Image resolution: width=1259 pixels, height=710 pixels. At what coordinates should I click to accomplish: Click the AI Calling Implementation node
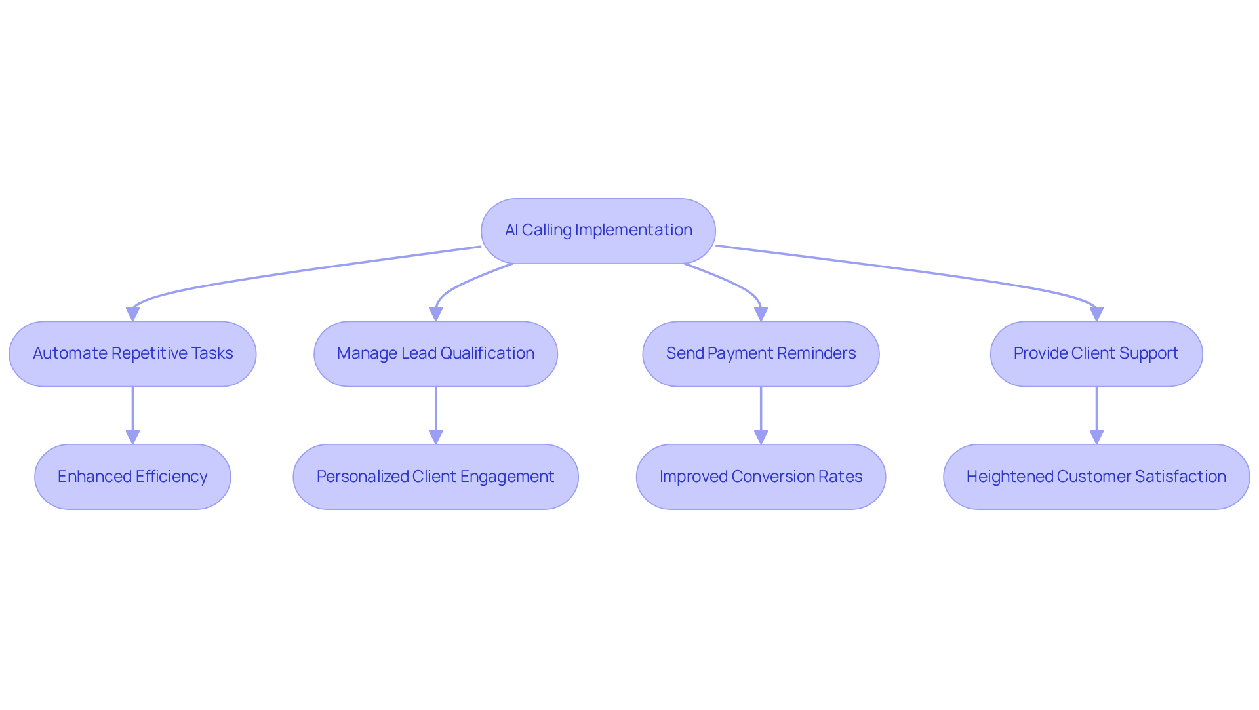point(598,231)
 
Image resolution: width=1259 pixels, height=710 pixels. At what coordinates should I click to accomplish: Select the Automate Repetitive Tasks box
point(132,354)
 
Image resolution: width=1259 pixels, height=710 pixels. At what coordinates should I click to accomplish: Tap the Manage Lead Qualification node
point(435,354)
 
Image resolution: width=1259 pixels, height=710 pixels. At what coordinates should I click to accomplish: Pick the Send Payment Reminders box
point(761,354)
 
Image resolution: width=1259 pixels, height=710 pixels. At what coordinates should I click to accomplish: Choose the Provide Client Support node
point(1096,354)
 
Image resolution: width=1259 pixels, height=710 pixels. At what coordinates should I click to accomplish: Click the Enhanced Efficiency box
point(132,477)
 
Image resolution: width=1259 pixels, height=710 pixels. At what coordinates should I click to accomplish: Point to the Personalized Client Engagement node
point(435,477)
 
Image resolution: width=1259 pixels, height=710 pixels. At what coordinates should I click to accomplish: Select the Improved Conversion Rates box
point(761,477)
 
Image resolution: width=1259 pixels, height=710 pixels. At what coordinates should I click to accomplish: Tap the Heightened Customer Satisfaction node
point(1096,477)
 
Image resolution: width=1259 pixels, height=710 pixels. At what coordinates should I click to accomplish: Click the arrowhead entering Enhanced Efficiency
point(132,437)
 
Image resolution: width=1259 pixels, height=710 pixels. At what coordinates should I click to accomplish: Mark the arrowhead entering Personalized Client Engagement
point(435,437)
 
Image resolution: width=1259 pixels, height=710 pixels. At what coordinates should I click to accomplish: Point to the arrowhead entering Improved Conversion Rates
point(761,437)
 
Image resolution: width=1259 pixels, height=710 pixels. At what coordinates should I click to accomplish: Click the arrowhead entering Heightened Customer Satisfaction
point(1096,437)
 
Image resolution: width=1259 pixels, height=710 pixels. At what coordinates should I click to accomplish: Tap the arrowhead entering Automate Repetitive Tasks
point(132,314)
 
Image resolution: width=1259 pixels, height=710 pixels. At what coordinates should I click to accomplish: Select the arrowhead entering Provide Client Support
point(1096,314)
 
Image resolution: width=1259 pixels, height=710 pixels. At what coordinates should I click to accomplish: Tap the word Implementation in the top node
point(633,230)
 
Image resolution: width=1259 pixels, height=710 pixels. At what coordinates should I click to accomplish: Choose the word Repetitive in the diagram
point(150,353)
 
